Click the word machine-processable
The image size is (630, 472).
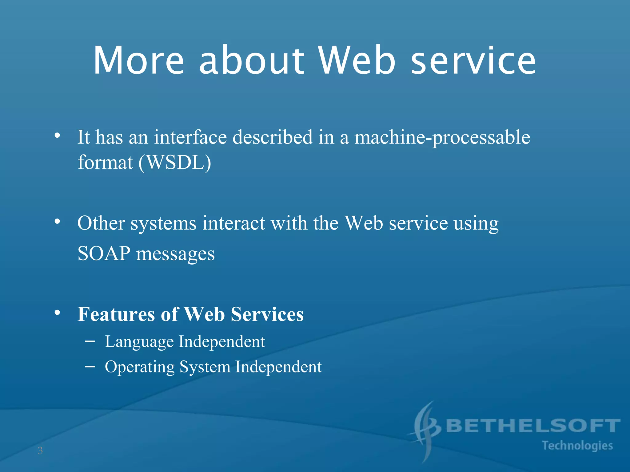point(442,137)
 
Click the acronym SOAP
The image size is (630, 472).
point(104,254)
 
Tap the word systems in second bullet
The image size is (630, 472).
point(163,223)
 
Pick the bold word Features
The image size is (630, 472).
point(116,314)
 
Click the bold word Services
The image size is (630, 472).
point(267,314)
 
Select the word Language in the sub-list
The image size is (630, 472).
point(139,342)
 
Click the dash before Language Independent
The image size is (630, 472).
point(90,341)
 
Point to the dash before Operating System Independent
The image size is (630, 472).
point(90,367)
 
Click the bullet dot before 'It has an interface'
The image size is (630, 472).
point(57,135)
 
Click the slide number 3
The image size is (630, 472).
point(40,451)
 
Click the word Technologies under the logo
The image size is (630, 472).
point(577,446)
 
